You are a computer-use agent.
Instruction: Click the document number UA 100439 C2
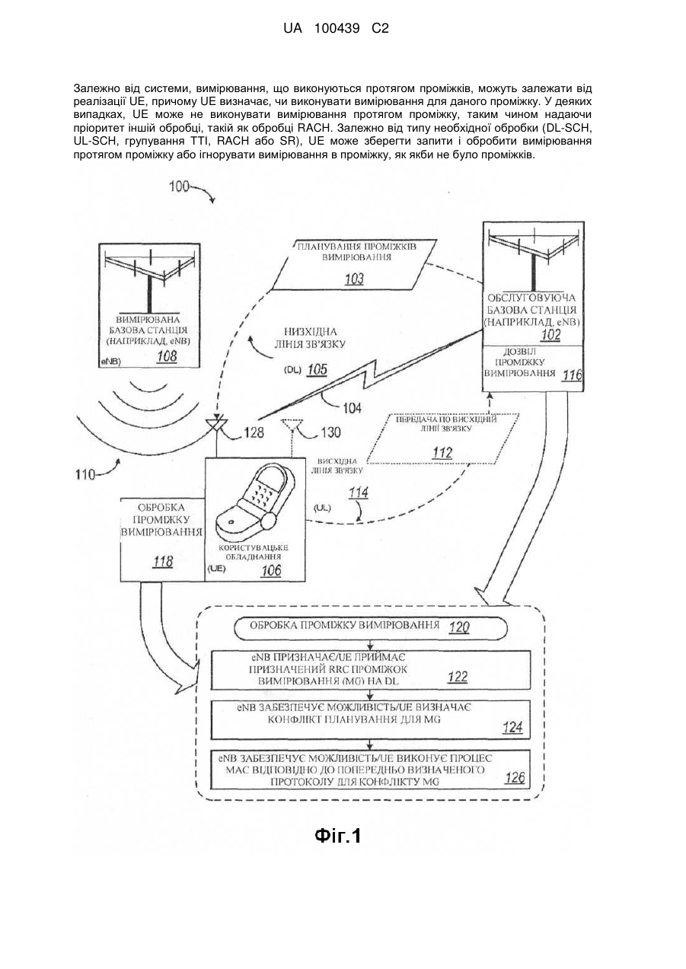(x=336, y=29)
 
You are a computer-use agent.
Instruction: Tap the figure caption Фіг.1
(x=337, y=835)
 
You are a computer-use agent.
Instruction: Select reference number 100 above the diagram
(x=179, y=186)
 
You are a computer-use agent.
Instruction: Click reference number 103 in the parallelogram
(x=354, y=279)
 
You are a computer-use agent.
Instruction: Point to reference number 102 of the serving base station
(x=550, y=335)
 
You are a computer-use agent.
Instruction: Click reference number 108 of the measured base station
(x=167, y=356)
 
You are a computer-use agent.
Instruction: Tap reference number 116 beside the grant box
(x=572, y=375)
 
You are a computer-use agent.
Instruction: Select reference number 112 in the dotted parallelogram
(x=442, y=453)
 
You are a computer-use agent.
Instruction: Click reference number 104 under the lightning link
(x=352, y=407)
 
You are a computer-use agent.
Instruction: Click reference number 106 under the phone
(x=271, y=571)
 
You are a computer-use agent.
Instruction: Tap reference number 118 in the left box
(x=163, y=562)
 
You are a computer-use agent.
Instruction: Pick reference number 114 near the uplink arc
(x=359, y=492)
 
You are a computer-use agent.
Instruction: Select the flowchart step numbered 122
(x=371, y=670)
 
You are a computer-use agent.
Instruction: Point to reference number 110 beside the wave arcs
(x=85, y=475)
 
